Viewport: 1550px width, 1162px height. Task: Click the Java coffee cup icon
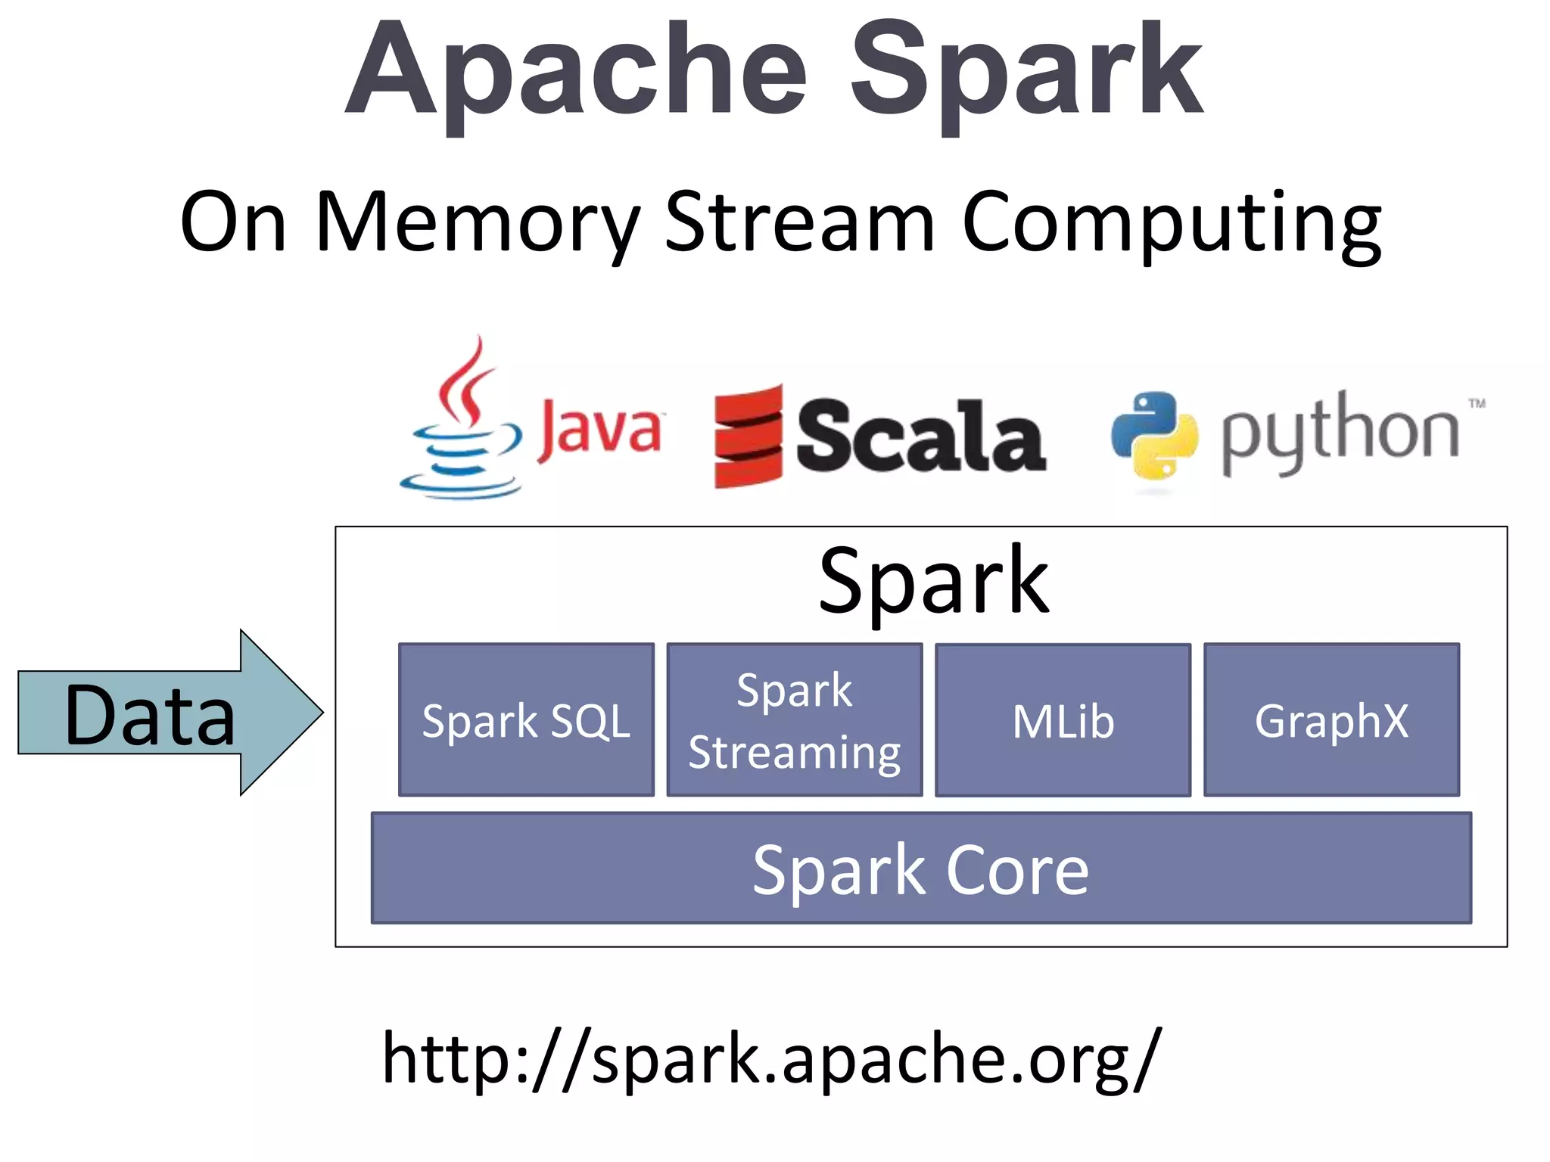click(460, 424)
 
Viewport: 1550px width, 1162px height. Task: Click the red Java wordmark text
click(599, 429)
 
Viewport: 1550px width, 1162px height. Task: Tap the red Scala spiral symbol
click(748, 437)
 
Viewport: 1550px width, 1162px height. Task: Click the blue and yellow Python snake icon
click(1154, 436)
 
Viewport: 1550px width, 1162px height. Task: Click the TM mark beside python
click(1477, 404)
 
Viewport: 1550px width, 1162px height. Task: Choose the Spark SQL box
click(526, 720)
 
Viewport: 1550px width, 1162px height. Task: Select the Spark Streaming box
click(794, 720)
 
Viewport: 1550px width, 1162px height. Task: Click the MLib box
click(1063, 720)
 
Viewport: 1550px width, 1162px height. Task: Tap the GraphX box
click(1331, 720)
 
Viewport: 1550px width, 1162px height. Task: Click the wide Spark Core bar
click(920, 868)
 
